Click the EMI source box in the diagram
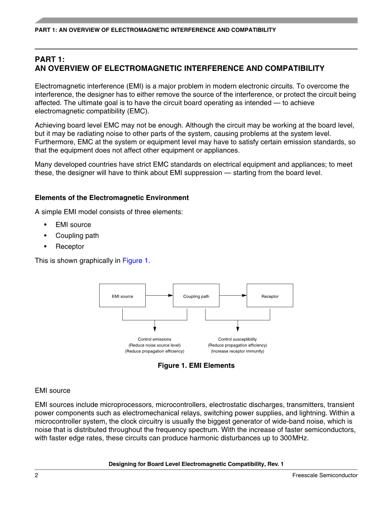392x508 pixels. [x=122, y=296]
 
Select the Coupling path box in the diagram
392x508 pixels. [x=196, y=296]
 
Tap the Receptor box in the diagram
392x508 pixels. [x=270, y=296]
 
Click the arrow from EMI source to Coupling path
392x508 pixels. [x=159, y=295]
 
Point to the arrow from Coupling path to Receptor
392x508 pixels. [x=233, y=295]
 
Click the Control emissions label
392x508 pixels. [x=154, y=339]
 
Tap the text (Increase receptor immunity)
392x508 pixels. [x=238, y=351]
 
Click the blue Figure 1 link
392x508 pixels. [x=135, y=261]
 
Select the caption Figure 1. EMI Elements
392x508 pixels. [x=196, y=366]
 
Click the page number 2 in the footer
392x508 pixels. [x=37, y=475]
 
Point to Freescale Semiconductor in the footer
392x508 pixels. [x=325, y=475]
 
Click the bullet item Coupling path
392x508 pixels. [x=77, y=236]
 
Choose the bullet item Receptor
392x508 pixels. [x=70, y=247]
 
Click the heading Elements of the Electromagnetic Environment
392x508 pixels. [x=112, y=198]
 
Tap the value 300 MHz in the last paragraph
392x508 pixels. [x=294, y=438]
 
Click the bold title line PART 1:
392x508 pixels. [x=50, y=59]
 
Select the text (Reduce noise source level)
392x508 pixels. [x=154, y=346]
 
